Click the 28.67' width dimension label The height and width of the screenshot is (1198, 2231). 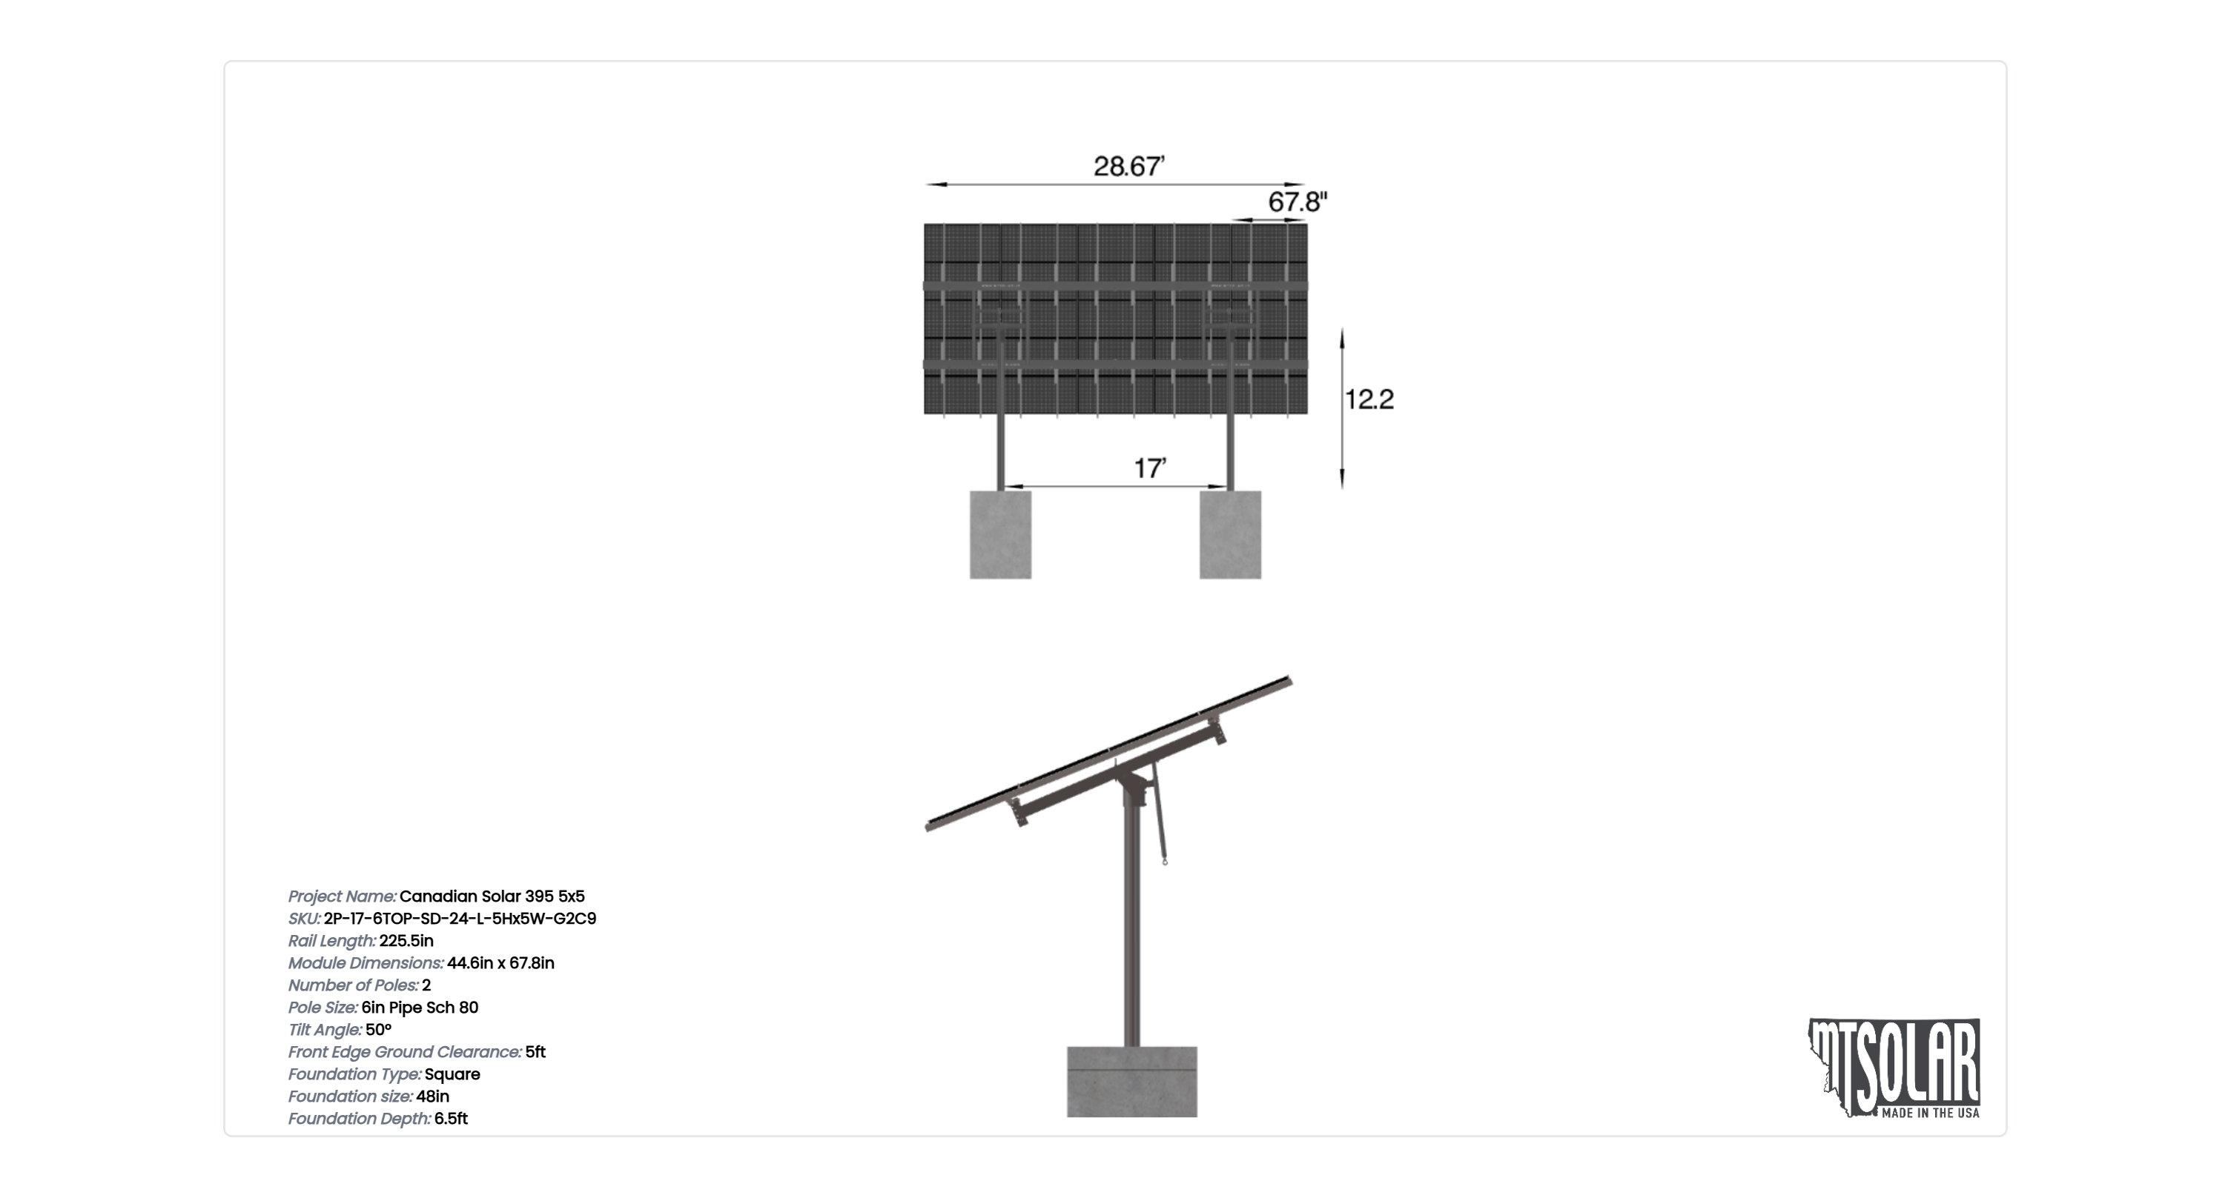click(x=1128, y=165)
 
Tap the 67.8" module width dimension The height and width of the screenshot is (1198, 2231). click(x=1298, y=202)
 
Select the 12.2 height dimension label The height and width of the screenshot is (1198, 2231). click(x=1369, y=399)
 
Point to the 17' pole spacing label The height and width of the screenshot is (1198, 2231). click(x=1150, y=468)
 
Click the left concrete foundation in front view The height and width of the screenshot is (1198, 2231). click(x=1000, y=535)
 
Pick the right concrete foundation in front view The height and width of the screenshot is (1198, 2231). click(x=1230, y=535)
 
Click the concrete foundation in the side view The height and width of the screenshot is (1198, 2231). click(x=1132, y=1082)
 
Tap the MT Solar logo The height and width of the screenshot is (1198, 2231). click(x=1894, y=1068)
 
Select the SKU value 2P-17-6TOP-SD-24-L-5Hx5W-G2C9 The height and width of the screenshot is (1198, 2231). click(x=460, y=919)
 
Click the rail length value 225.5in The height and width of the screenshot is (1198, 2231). click(x=406, y=941)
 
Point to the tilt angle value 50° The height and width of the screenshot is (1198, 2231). click(x=378, y=1030)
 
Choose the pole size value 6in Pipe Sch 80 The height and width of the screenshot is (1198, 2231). click(x=420, y=1008)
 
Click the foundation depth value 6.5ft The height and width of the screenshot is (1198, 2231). click(x=452, y=1119)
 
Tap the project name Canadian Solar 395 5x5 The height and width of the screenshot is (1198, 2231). click(x=492, y=896)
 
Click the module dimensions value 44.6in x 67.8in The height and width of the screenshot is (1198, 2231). click(x=500, y=963)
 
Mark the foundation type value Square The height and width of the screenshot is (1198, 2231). click(x=452, y=1074)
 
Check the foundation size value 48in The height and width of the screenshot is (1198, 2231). click(x=432, y=1096)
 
